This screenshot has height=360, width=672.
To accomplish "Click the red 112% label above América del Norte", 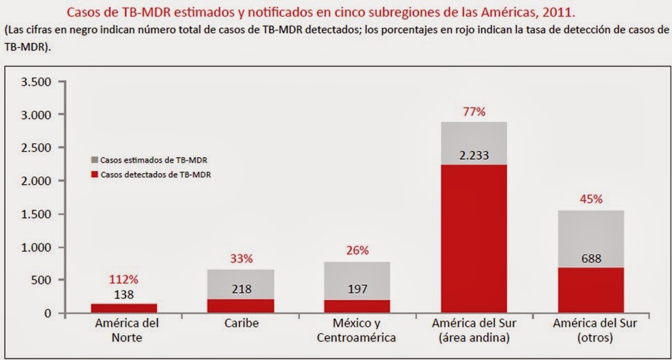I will click(x=124, y=280).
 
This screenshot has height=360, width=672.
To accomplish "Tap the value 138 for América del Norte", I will click(x=124, y=294).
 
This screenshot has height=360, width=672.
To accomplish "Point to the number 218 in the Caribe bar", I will click(x=241, y=289).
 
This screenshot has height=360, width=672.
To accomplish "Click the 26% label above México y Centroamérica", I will click(x=357, y=251).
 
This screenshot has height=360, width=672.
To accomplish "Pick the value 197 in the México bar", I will click(x=357, y=289).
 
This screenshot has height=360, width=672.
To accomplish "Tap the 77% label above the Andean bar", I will click(x=474, y=110).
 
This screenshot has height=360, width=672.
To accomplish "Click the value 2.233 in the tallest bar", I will click(x=474, y=155).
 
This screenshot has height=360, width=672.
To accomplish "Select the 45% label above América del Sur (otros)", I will click(x=591, y=199).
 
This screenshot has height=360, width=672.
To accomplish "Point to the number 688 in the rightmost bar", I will click(x=591, y=259).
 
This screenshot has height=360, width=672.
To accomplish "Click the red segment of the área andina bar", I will click(x=474, y=239).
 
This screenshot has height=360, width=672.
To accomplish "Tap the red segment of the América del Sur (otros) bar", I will click(x=591, y=291).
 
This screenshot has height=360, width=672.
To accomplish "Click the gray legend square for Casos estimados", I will click(x=95, y=159).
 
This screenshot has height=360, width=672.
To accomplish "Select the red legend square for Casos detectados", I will click(x=95, y=174).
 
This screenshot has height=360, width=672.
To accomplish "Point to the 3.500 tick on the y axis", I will click(x=38, y=82).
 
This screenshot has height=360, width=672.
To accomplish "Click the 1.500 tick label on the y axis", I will click(x=38, y=214).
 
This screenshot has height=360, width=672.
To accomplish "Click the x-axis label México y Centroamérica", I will click(x=357, y=331).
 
